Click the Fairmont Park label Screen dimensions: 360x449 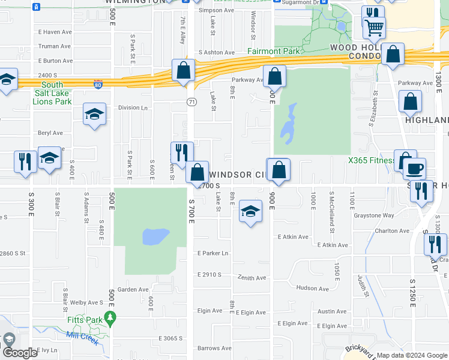[x=274, y=52]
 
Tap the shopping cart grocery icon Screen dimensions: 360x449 [x=373, y=27]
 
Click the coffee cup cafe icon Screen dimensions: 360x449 [x=414, y=169]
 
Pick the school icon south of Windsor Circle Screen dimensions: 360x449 [x=250, y=211]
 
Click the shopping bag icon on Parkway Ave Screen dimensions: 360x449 [x=274, y=76]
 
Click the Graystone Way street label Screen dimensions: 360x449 [x=374, y=215]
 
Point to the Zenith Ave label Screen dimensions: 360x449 [x=251, y=278]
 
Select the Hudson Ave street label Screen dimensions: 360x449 [x=312, y=289]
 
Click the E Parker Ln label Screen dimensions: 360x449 [x=213, y=253]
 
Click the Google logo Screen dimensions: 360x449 [x=20, y=353]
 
